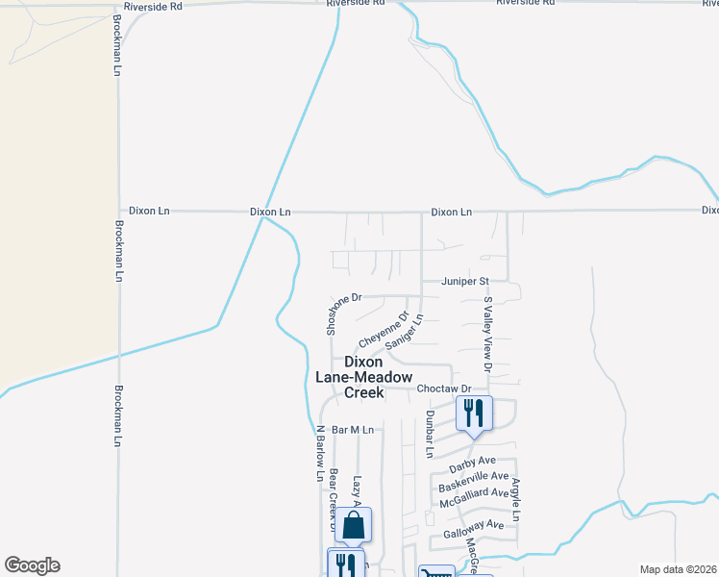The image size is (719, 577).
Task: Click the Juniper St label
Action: tap(465, 282)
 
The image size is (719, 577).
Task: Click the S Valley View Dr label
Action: tap(487, 334)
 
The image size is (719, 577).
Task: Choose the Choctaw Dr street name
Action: tap(445, 389)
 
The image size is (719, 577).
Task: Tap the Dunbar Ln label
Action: tap(430, 433)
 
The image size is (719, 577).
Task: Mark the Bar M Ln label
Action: tap(350, 429)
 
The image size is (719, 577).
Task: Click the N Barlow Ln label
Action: tap(320, 453)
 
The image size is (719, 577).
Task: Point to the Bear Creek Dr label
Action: tap(333, 498)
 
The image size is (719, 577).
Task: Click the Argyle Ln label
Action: tap(516, 499)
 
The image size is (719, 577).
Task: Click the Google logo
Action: tap(32, 565)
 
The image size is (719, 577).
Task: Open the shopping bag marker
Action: tap(353, 525)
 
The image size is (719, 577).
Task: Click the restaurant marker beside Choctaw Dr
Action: tap(473, 413)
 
